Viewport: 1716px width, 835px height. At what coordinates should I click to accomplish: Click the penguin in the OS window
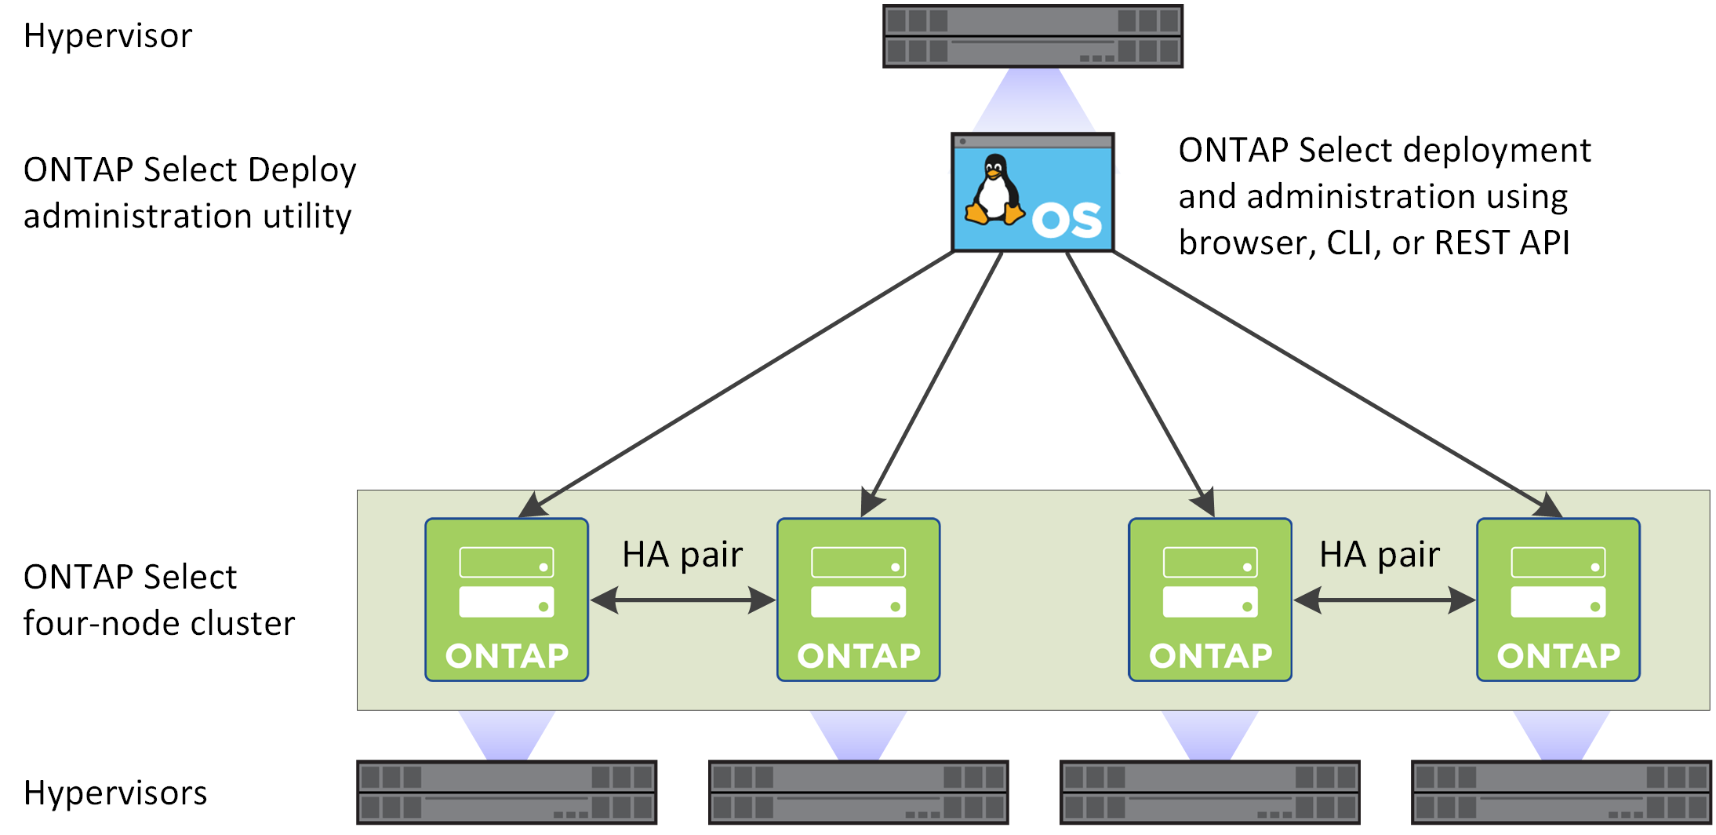[x=994, y=191]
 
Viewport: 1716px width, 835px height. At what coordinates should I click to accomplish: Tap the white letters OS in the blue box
[x=1067, y=221]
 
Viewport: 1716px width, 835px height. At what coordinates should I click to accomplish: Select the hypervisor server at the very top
[x=1032, y=36]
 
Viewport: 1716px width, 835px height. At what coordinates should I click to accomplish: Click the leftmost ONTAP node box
[x=507, y=600]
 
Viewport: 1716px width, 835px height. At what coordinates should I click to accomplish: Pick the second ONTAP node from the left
[x=858, y=600]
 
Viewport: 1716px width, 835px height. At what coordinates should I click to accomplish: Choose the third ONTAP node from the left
[x=1209, y=600]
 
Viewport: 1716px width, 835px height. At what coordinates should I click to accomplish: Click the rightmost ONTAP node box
[x=1558, y=600]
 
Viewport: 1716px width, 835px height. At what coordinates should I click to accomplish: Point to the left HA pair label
[x=682, y=555]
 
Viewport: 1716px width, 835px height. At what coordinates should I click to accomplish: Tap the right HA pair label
[x=1379, y=555]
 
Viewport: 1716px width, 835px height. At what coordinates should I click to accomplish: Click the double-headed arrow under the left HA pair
[x=682, y=600]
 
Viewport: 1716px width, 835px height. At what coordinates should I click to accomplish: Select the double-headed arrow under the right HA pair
[x=1384, y=600]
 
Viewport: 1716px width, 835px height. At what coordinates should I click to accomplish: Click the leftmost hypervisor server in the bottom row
[x=507, y=792]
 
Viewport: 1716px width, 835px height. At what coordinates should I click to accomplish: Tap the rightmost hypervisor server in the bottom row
[x=1561, y=792]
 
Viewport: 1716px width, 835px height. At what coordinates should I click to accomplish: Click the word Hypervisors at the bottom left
[x=115, y=793]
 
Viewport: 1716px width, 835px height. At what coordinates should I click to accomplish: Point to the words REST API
[x=1501, y=242]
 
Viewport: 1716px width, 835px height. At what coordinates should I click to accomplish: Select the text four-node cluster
[x=159, y=623]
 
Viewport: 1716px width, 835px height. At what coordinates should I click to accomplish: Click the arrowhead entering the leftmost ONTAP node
[x=533, y=505]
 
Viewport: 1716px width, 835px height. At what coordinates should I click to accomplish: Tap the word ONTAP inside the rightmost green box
[x=1558, y=656]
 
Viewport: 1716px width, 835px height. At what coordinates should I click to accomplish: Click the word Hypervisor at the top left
[x=107, y=36]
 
